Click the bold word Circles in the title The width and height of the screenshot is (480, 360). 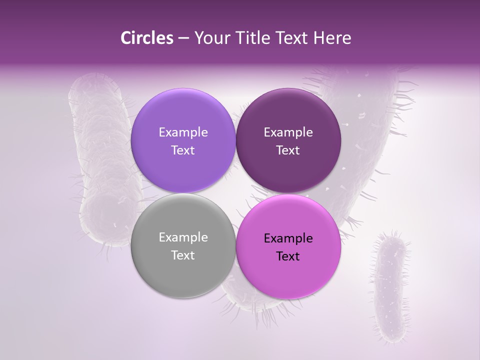146,38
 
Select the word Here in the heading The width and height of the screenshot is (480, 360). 333,38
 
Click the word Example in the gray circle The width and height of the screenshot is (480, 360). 183,237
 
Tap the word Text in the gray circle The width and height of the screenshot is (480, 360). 183,255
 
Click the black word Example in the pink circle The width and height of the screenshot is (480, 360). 288,238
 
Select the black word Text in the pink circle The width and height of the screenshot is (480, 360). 288,256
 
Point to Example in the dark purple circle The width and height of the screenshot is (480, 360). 288,132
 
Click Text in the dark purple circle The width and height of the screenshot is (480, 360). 288,150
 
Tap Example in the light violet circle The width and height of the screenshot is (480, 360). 183,132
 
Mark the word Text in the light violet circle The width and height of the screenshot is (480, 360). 183,150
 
